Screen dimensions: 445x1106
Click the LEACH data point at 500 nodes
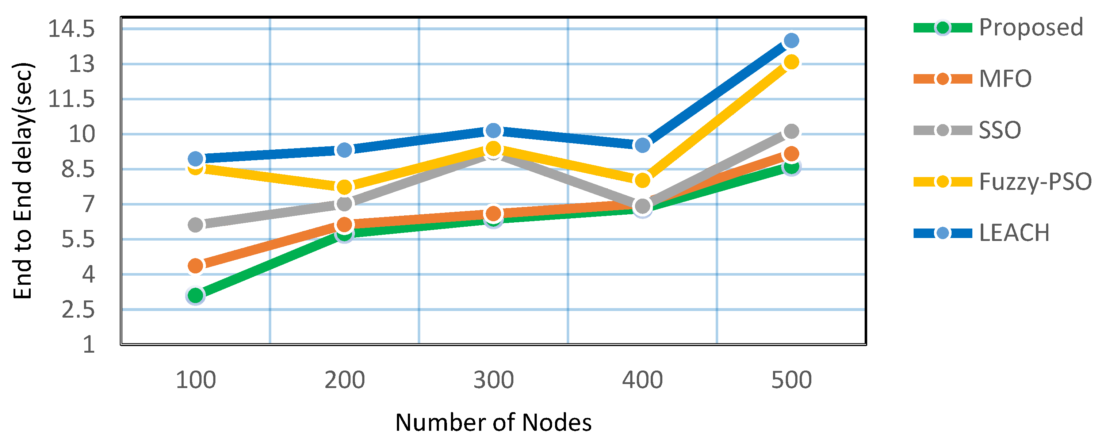pos(791,41)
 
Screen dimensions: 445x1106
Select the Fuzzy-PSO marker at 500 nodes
pos(791,62)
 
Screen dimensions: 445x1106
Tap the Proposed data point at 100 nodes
pos(195,295)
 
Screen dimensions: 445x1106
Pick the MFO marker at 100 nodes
pos(195,266)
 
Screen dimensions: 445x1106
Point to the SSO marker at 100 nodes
pos(195,225)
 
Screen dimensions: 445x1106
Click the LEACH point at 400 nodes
pos(642,145)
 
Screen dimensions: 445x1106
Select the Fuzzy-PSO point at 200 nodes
pos(344,187)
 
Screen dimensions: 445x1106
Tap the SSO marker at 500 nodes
pos(791,131)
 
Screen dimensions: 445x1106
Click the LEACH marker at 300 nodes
pos(493,130)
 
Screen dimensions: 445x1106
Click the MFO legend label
pos(1004,79)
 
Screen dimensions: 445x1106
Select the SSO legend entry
pos(999,130)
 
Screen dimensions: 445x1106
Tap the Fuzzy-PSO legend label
pos(1035,181)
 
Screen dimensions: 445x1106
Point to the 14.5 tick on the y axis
pos(71,29)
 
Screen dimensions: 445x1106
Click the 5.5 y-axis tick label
pos(78,239)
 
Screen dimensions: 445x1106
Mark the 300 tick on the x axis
pos(493,380)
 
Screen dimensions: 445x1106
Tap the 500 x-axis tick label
pos(791,380)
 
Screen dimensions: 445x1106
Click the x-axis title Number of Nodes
pos(493,423)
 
